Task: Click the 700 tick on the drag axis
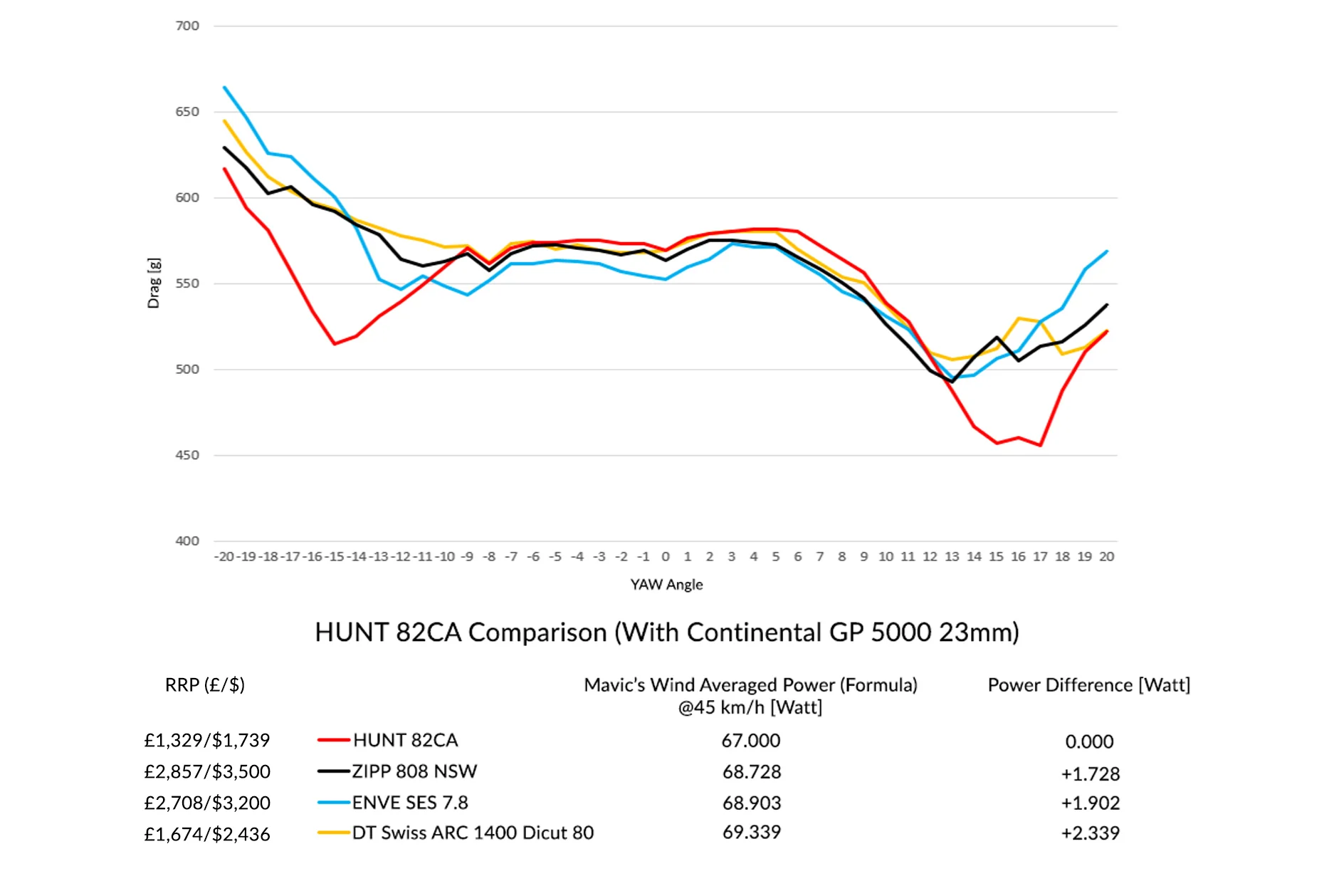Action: (x=187, y=26)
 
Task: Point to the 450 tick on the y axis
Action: (x=187, y=455)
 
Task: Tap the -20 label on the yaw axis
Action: (x=224, y=557)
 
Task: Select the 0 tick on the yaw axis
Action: (x=666, y=557)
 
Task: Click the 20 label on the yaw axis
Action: (x=1106, y=557)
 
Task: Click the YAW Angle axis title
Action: (x=666, y=585)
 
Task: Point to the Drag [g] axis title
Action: (x=154, y=283)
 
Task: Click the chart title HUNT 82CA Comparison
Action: (x=666, y=632)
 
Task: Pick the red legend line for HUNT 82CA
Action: (x=333, y=741)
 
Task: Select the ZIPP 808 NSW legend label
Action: (x=414, y=771)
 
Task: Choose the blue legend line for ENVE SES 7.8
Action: (x=333, y=803)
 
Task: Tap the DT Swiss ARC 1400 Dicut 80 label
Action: (x=473, y=833)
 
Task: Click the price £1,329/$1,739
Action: (x=207, y=741)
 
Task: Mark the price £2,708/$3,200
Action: (x=207, y=803)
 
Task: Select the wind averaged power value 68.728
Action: (x=752, y=772)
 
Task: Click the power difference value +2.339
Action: (x=1090, y=833)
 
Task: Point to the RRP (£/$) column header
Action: (x=205, y=685)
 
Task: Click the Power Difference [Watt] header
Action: (x=1088, y=685)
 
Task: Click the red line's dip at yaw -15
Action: (x=335, y=344)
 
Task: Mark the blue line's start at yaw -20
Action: (x=224, y=88)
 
